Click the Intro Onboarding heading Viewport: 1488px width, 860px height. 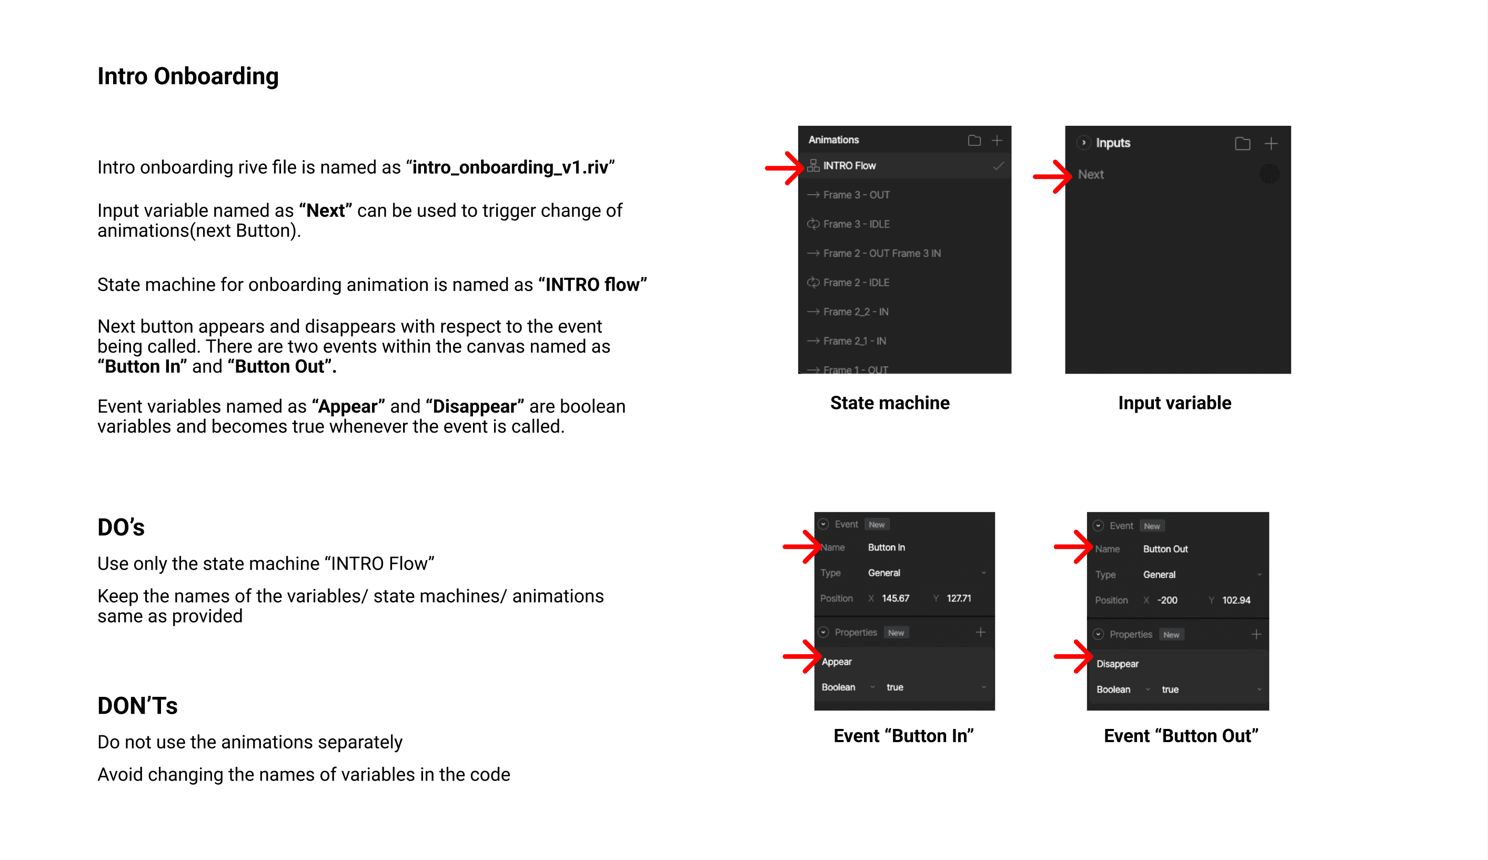point(188,76)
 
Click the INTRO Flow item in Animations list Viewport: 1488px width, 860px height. point(849,166)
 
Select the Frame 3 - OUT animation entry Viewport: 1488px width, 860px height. point(856,195)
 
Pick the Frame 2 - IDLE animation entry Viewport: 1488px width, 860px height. point(856,283)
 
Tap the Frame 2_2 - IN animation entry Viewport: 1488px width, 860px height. point(856,312)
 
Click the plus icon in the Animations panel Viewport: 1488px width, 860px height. point(997,141)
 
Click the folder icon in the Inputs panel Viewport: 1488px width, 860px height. point(1242,144)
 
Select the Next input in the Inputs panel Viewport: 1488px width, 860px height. point(1091,175)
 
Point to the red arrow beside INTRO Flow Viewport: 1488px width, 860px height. point(784,168)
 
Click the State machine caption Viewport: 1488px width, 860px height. point(890,403)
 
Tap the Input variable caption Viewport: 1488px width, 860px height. point(1174,403)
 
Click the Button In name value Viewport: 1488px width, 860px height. point(886,547)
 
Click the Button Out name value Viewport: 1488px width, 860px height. point(1165,549)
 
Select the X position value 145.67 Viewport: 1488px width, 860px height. point(895,598)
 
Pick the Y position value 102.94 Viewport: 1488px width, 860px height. point(1236,600)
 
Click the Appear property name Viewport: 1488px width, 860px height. point(837,662)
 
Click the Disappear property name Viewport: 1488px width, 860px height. point(1117,664)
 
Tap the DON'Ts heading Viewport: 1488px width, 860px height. point(137,706)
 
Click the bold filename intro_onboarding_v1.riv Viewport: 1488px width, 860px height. point(510,168)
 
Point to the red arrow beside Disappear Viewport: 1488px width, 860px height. point(1073,656)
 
